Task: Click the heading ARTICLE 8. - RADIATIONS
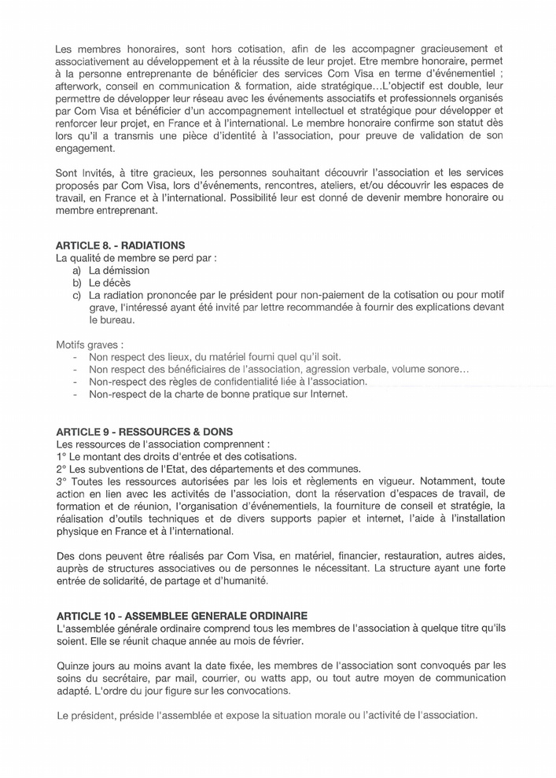pos(120,245)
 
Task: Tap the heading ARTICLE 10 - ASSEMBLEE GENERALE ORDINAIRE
pos(182,614)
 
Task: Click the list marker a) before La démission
pos(76,270)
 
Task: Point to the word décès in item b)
pos(116,282)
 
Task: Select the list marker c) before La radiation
pos(76,295)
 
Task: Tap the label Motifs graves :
pos(89,345)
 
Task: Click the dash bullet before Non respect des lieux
pos(73,357)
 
